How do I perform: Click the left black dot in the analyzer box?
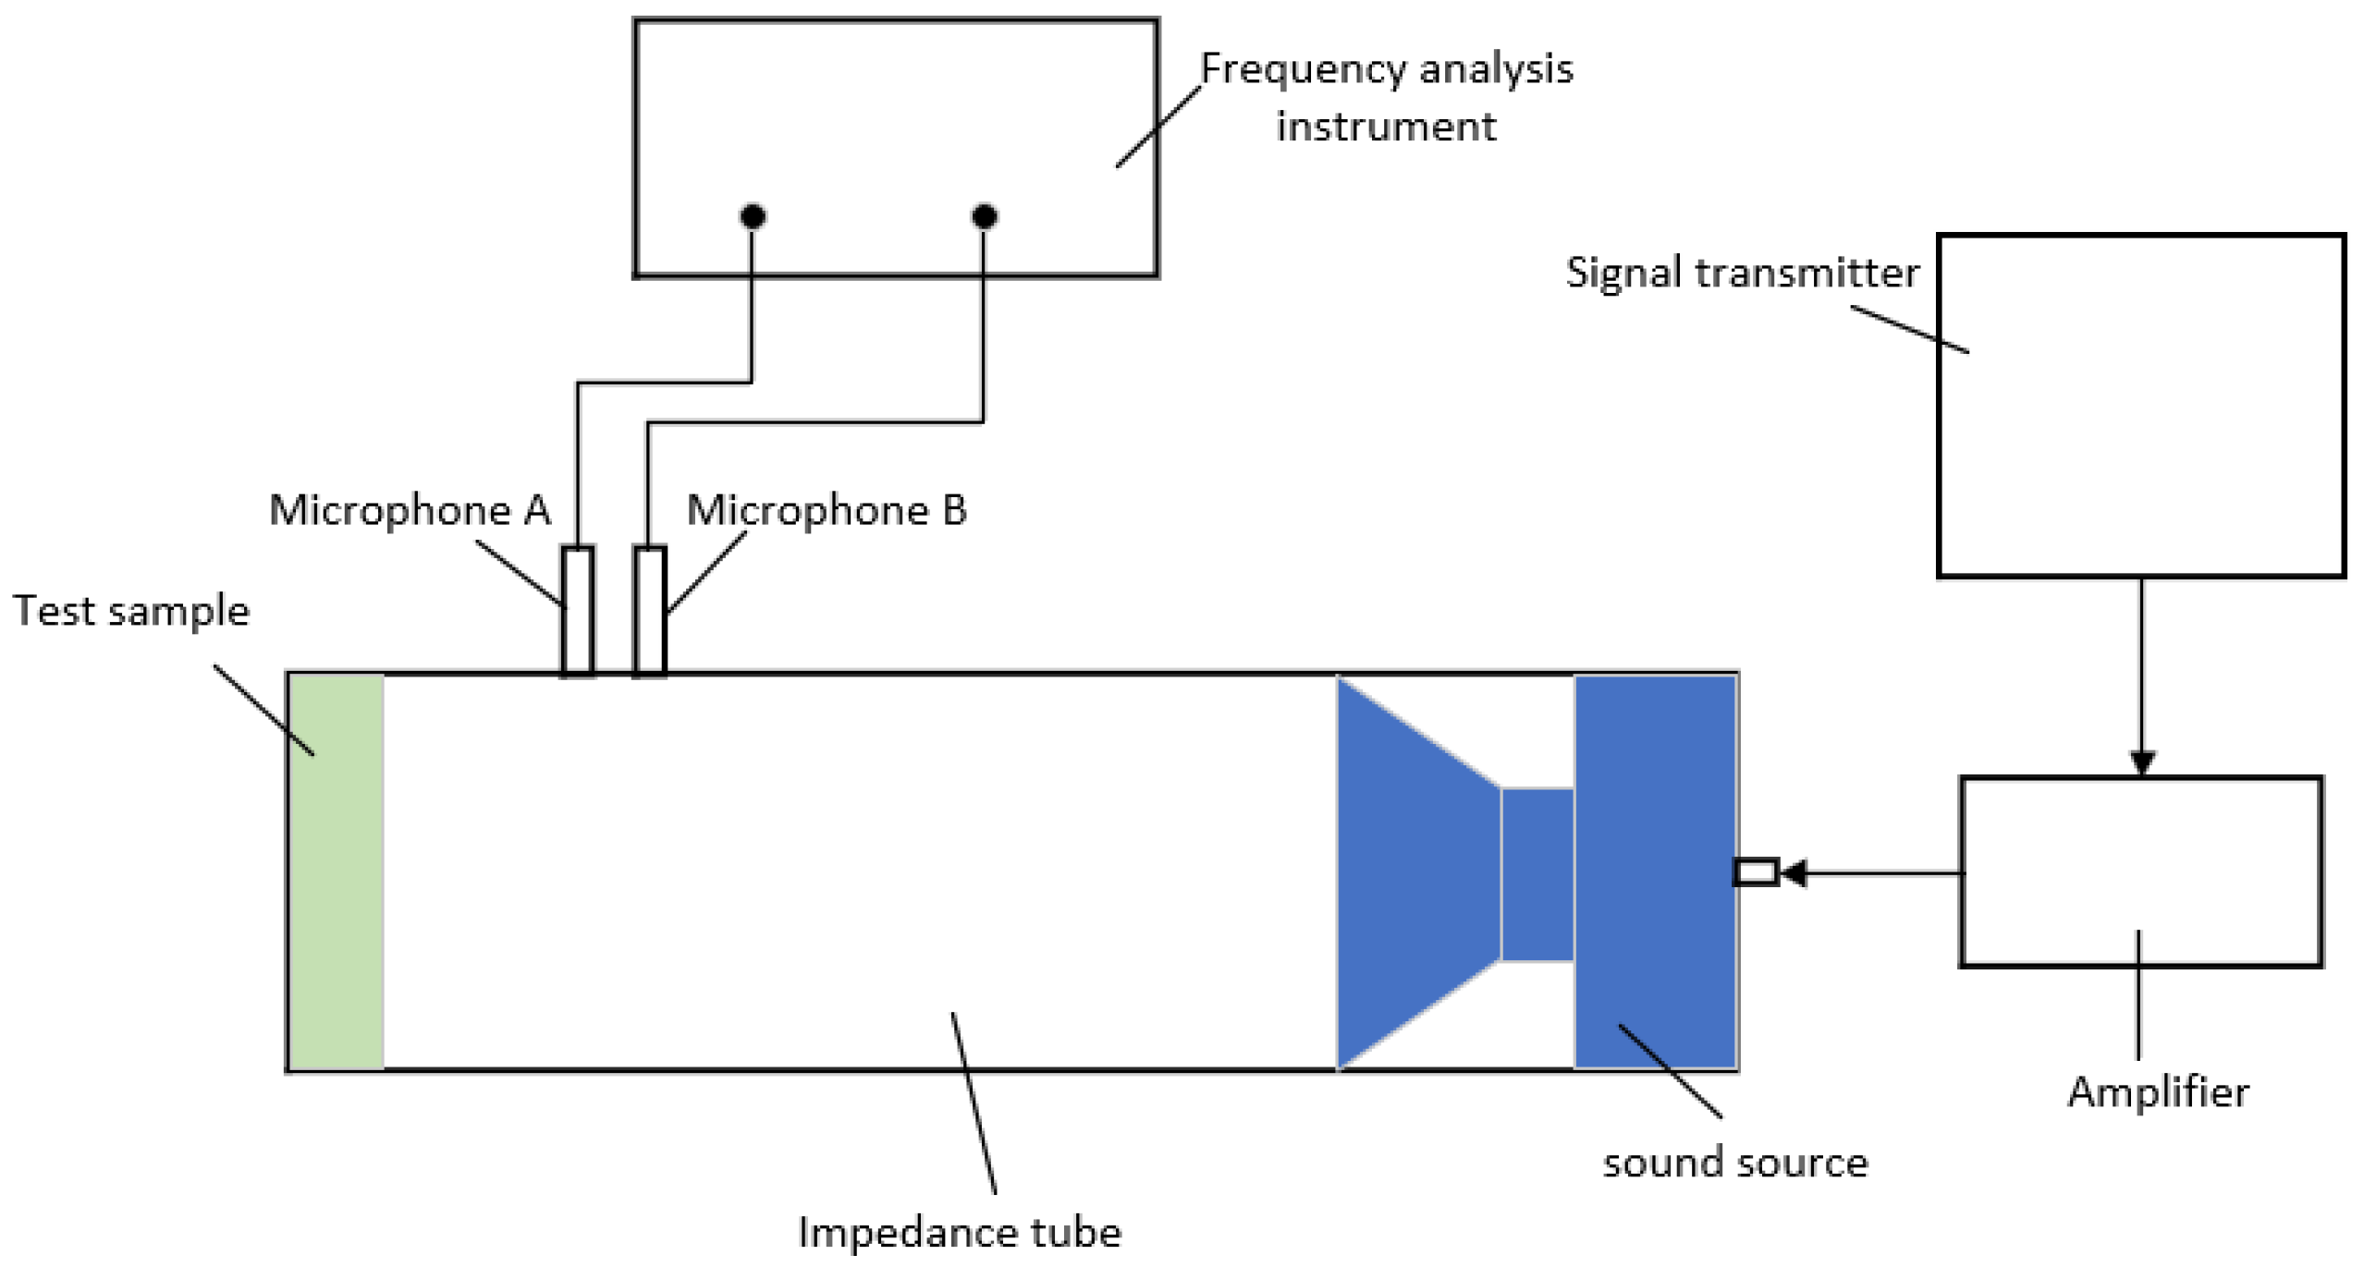(753, 216)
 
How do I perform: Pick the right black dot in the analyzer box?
(985, 216)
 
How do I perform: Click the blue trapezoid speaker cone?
(1415, 871)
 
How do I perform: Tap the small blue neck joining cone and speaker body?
(1537, 873)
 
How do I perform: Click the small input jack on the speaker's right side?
(1755, 871)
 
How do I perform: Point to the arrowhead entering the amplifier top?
(2142, 763)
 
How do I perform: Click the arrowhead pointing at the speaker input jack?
(1794, 872)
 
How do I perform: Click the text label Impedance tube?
(960, 1232)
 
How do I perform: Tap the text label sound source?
(1734, 1163)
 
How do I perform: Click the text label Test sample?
(131, 611)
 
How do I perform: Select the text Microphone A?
(410, 510)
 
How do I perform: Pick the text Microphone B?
(827, 510)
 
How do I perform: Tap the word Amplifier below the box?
(2158, 1092)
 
